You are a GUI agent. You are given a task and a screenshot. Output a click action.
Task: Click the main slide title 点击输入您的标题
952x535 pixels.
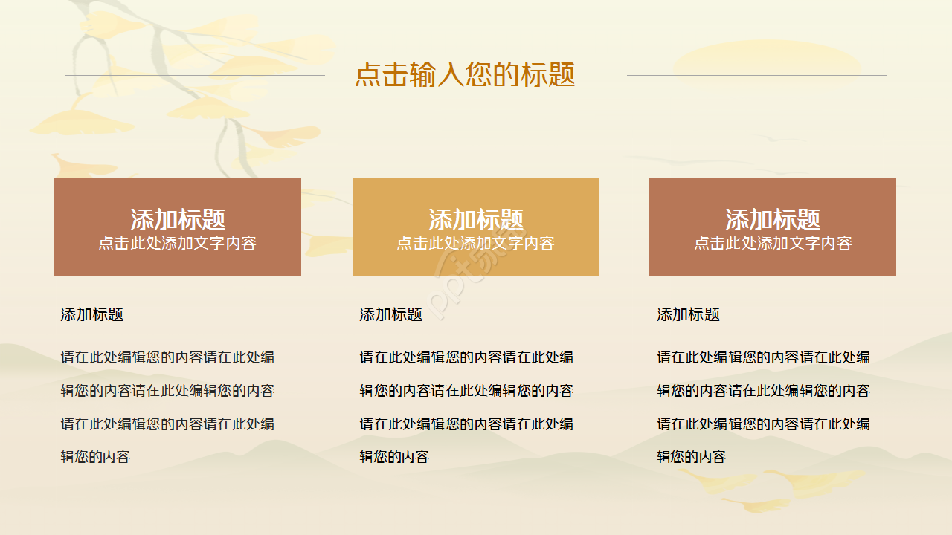(465, 75)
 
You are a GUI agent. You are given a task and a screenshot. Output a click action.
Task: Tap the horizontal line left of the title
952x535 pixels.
(195, 75)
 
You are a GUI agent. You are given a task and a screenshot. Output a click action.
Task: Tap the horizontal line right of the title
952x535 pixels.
(756, 75)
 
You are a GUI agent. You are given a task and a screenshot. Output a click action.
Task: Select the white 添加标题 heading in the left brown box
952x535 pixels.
(178, 219)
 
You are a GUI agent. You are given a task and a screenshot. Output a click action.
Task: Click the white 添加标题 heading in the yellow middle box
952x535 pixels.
(476, 219)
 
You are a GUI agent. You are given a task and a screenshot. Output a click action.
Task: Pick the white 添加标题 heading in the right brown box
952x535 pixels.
(773, 219)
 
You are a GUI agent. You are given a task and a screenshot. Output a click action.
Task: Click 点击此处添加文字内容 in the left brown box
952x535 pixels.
(178, 243)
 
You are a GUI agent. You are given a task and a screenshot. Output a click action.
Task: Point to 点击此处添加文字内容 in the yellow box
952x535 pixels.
(476, 243)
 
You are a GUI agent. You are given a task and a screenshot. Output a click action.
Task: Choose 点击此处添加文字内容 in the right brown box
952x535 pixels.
(773, 243)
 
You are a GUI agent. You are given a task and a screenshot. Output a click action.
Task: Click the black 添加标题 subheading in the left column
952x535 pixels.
(91, 314)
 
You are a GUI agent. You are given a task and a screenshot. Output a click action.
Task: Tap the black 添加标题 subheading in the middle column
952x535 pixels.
(390, 314)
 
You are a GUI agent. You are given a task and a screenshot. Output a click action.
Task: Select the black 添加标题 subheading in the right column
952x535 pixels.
(688, 314)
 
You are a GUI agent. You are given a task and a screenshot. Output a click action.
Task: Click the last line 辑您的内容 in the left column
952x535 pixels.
(95, 457)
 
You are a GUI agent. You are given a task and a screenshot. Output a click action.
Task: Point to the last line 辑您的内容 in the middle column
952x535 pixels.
(394, 457)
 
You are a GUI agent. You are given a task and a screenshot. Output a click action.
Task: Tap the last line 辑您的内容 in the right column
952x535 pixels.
(691, 457)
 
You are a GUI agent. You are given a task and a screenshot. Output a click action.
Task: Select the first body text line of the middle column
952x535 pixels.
(466, 357)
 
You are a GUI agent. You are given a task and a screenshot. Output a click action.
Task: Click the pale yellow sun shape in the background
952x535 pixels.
(766, 63)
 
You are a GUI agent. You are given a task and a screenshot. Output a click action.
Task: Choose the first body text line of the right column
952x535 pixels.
(763, 357)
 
